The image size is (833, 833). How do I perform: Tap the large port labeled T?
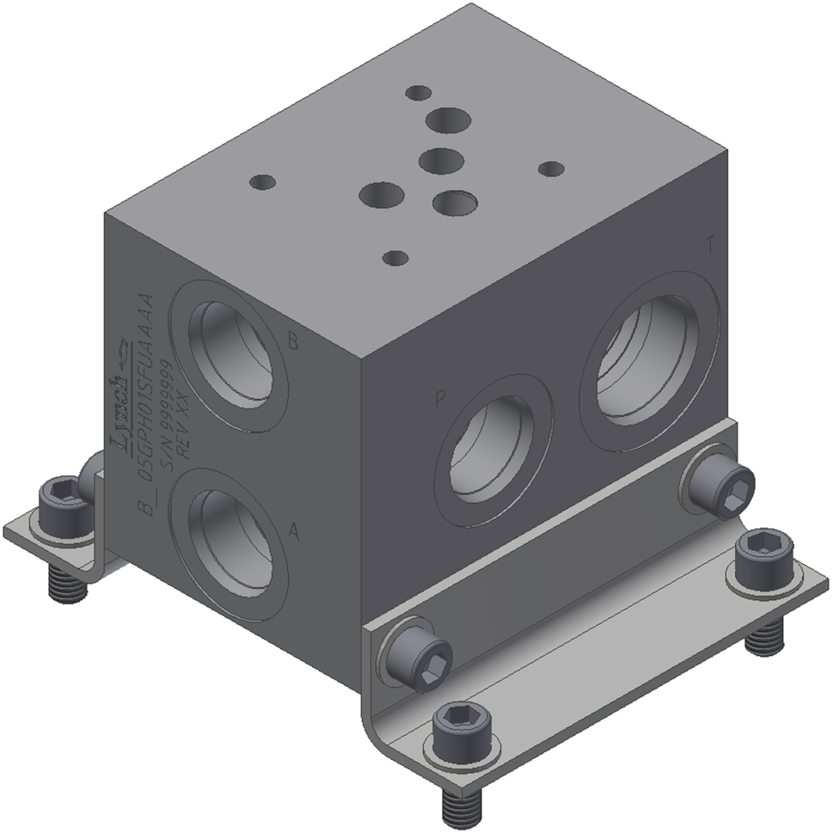click(649, 366)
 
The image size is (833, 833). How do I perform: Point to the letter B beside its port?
click(292, 342)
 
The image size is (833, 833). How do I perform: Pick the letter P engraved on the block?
click(441, 401)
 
